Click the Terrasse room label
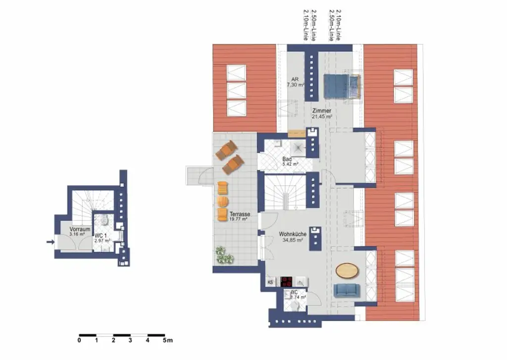pos(239,214)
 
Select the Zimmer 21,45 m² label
pos(322,111)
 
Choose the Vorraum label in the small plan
pos(79,230)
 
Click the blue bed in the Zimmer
pos(341,86)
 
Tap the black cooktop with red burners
pos(287,281)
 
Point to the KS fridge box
pos(270,282)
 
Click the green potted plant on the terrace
pos(224,256)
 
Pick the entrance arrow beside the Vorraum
pos(50,242)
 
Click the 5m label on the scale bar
pos(168,341)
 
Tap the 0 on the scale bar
pos(79,341)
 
